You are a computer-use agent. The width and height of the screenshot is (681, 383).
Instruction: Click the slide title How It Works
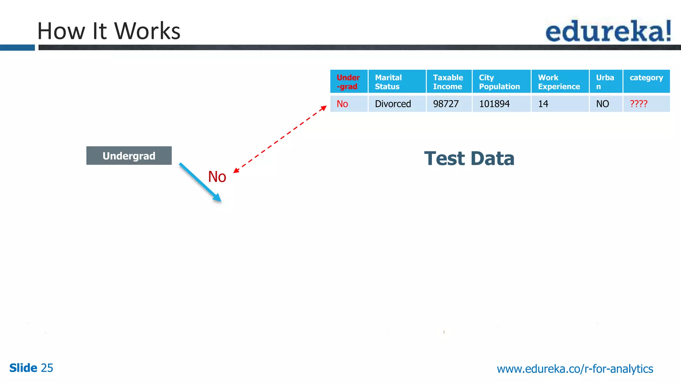(109, 31)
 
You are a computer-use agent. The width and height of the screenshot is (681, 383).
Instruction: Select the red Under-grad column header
(348, 81)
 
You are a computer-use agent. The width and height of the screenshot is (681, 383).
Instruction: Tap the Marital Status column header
(397, 81)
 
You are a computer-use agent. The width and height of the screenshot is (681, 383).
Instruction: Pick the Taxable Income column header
(449, 81)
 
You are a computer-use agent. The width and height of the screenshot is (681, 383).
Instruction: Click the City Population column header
(501, 81)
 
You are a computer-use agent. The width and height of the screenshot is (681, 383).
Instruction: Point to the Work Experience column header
(560, 81)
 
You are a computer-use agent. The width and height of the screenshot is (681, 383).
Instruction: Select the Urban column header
(606, 81)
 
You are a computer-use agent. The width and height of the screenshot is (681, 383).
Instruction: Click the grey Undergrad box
(129, 156)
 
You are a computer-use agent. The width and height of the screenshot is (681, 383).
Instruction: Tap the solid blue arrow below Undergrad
(200, 182)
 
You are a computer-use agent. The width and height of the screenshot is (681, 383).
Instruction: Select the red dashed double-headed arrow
(280, 140)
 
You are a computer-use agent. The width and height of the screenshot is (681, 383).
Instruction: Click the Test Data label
(469, 158)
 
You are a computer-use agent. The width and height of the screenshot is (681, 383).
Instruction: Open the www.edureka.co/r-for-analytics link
(575, 368)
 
